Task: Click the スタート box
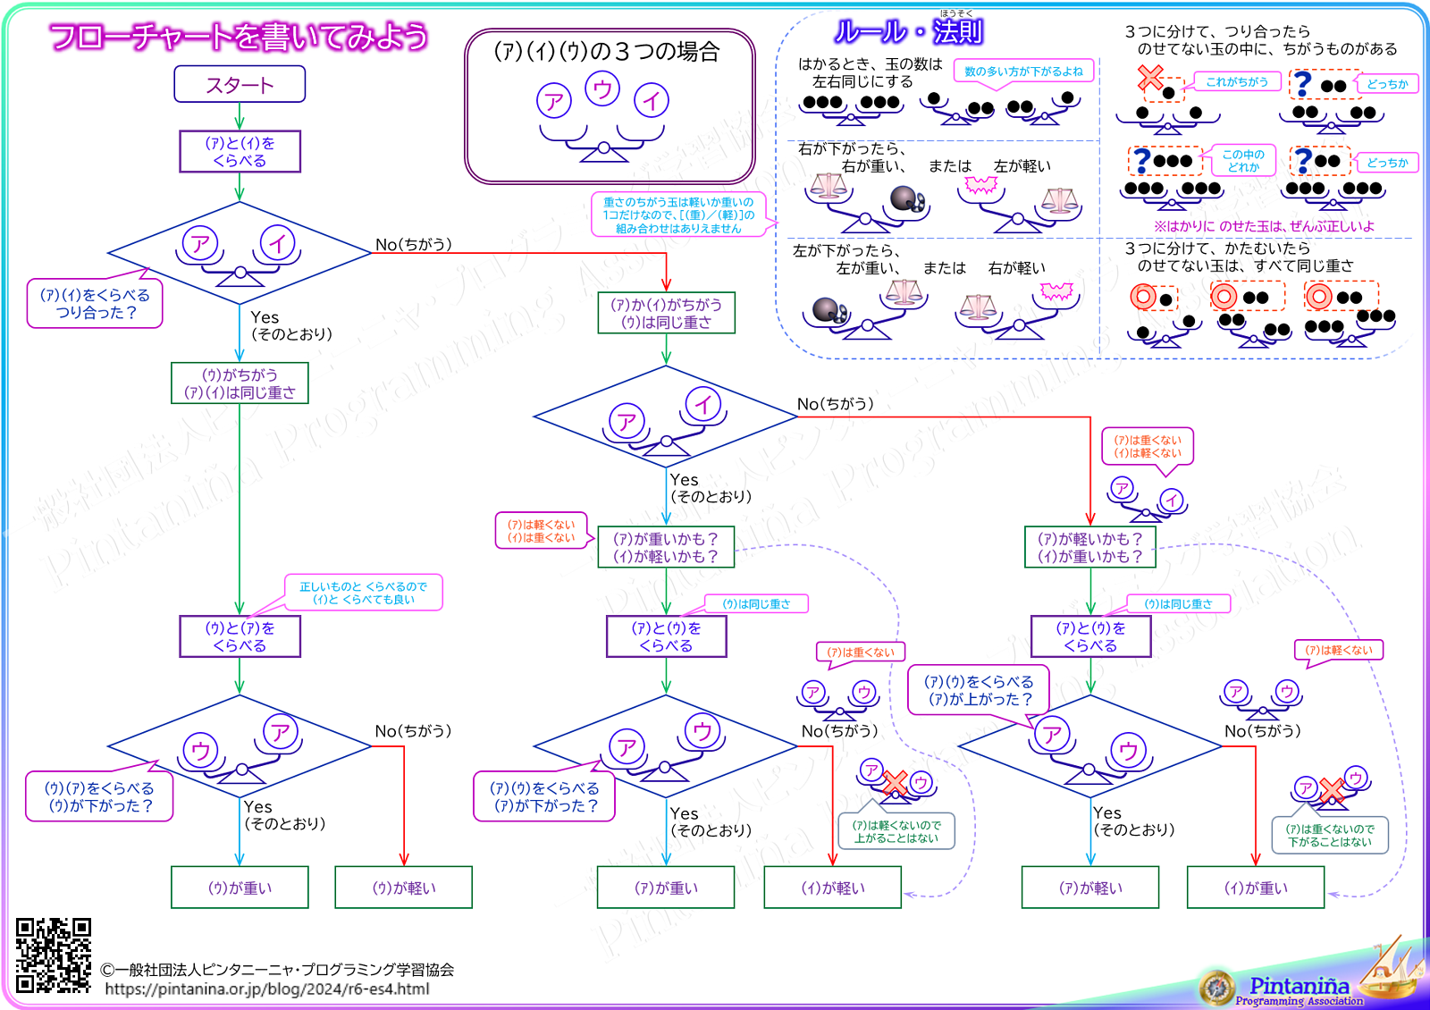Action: [240, 85]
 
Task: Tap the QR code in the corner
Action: [54, 955]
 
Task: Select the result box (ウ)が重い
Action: [240, 888]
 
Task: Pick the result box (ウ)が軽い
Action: [404, 888]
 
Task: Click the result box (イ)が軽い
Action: [833, 888]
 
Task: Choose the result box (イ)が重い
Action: [1256, 888]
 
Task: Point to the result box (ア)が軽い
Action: [1090, 888]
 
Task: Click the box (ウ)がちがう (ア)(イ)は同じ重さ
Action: [240, 383]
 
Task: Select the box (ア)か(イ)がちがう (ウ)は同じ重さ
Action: [666, 313]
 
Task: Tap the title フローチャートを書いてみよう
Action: [239, 37]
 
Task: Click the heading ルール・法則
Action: [908, 32]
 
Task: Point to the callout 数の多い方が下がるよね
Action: [1023, 72]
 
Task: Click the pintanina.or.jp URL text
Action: [267, 989]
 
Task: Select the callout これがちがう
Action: [1237, 82]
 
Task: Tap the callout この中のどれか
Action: [1243, 161]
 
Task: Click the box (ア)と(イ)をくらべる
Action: [240, 152]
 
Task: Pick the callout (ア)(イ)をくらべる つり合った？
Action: [95, 304]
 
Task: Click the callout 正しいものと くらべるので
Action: [364, 593]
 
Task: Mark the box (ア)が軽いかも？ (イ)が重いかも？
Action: [1090, 547]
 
